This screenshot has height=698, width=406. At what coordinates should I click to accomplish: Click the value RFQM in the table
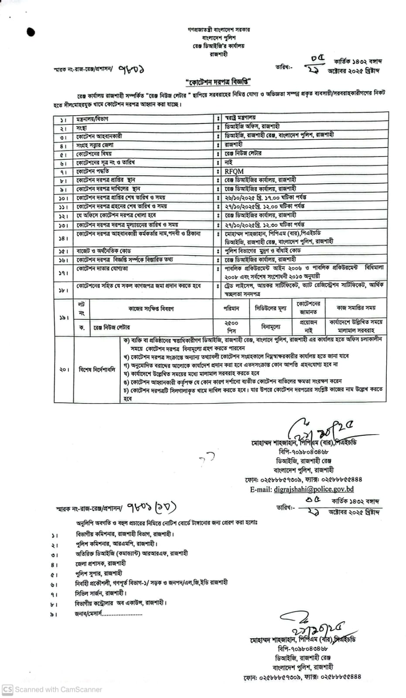[x=234, y=171]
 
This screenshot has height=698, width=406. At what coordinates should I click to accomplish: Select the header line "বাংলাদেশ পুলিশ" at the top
[x=215, y=38]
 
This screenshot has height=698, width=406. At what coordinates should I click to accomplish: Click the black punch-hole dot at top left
[x=31, y=31]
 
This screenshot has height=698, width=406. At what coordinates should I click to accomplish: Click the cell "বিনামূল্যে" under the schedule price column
[x=271, y=326]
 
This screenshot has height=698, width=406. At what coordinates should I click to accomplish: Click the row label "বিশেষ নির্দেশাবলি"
[x=96, y=370]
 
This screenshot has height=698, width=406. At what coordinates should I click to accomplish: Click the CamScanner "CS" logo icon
[x=7, y=690]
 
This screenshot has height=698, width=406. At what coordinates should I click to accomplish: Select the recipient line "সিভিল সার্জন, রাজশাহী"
[x=101, y=593]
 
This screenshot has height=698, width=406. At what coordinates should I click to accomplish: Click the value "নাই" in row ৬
[x=229, y=162]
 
